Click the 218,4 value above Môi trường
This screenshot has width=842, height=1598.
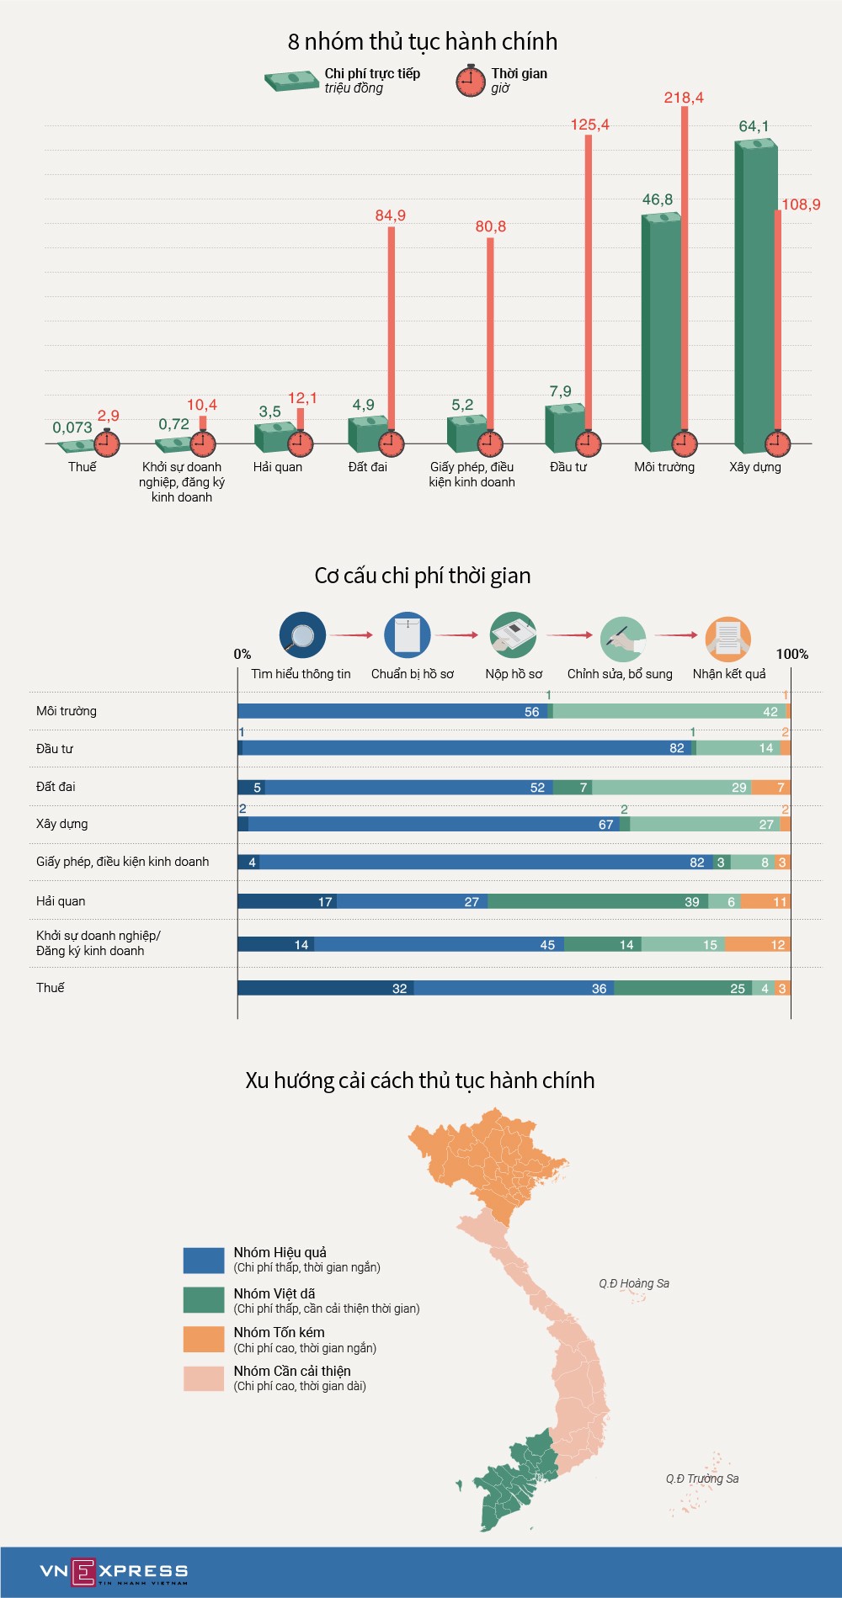[x=683, y=98]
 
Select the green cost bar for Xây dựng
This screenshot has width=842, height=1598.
[x=755, y=295]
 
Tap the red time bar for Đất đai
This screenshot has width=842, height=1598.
[x=392, y=328]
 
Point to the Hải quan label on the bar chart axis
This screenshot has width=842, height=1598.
[x=277, y=467]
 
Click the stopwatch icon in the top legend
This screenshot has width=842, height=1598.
[x=471, y=81]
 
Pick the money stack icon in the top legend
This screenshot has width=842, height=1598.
[x=291, y=81]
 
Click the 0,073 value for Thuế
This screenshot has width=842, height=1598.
[x=72, y=427]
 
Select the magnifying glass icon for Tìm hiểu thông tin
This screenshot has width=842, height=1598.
[x=302, y=635]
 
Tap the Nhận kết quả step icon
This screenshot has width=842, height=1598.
[x=727, y=637]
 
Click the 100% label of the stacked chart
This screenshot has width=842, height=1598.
[x=791, y=654]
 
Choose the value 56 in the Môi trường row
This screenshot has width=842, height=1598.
[x=531, y=712]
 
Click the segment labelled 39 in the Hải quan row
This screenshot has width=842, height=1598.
[x=597, y=901]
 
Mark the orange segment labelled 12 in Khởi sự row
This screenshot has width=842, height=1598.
[x=757, y=944]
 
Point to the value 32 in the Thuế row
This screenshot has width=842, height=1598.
[x=399, y=989]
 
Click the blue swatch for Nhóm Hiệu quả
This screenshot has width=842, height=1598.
[x=204, y=1260]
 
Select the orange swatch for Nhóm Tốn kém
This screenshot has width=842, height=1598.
[x=204, y=1339]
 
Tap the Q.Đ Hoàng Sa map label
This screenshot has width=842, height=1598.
[x=634, y=1283]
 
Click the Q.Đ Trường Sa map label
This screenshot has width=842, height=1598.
[x=702, y=1479]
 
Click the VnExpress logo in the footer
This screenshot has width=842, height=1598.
[x=114, y=1571]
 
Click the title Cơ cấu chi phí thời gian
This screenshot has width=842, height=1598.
[x=422, y=576]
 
